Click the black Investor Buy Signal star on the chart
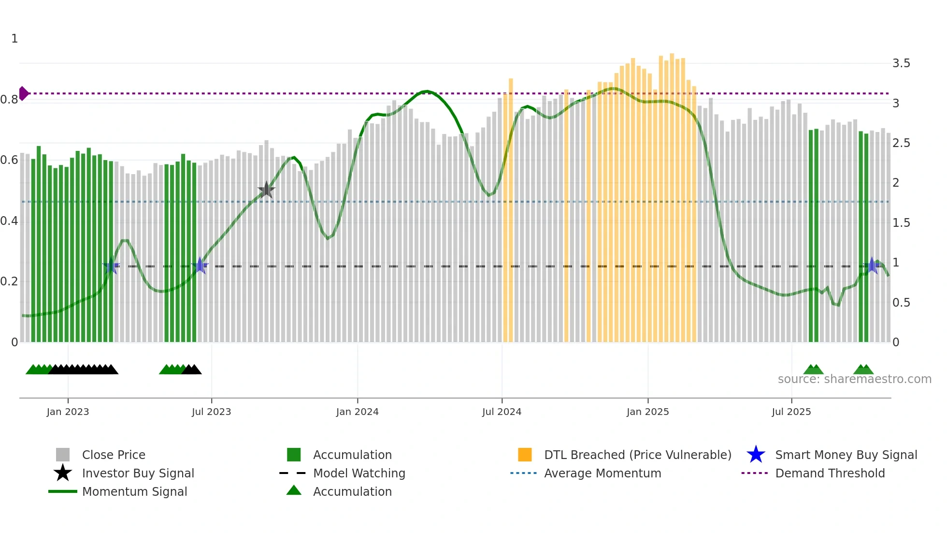(266, 190)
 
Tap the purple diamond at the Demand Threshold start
(23, 93)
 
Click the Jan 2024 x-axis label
(357, 412)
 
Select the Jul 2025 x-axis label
(791, 412)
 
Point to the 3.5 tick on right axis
(901, 63)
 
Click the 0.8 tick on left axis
(10, 100)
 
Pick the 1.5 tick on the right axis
(901, 223)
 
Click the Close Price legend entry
(113, 455)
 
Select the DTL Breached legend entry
(637, 455)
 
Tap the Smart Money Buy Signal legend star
(756, 455)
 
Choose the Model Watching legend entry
(359, 473)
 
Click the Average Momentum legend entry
(602, 473)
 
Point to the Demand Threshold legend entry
(830, 473)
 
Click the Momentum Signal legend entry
(134, 491)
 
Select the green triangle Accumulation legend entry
(352, 491)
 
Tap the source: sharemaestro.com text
(854, 379)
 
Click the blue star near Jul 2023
(200, 266)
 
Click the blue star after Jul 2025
(872, 266)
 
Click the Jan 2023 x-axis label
(68, 412)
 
